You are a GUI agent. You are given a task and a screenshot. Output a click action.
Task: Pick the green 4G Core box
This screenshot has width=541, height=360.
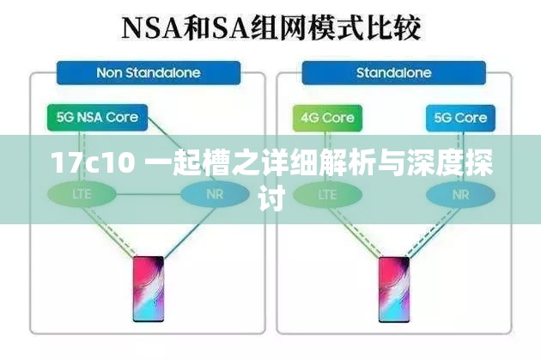[x=326, y=118]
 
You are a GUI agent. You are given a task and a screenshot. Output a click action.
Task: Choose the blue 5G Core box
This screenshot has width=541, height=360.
[x=459, y=118]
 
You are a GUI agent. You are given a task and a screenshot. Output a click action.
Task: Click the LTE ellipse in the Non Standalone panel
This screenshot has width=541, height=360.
[x=82, y=194]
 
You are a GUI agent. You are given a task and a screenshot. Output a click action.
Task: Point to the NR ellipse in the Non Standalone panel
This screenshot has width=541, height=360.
[x=215, y=194]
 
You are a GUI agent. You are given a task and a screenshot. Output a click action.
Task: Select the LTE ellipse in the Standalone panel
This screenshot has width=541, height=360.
[x=327, y=194]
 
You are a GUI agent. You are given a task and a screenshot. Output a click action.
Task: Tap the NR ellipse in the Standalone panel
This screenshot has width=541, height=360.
[x=460, y=194]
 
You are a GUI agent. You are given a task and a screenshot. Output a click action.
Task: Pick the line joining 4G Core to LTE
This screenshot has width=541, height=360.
[x=327, y=153]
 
